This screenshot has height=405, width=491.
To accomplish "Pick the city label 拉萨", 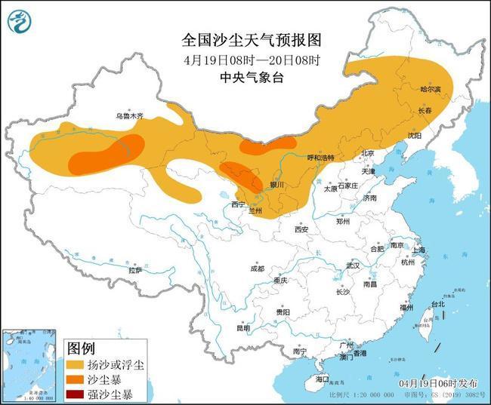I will (x=135, y=270).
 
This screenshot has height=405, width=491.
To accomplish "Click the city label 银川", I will (x=276, y=185).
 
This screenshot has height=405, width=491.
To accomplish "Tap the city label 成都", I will (x=258, y=268).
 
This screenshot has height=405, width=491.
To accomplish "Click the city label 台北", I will (x=437, y=305).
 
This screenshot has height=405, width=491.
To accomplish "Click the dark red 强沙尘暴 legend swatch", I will (x=77, y=394).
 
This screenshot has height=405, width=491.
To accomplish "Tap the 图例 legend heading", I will (x=81, y=348).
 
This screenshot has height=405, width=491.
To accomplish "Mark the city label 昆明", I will (x=242, y=328).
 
